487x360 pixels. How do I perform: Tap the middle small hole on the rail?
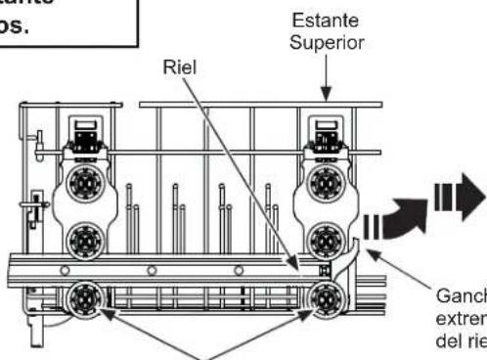tap(151, 269)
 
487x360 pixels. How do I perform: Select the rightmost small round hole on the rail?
tap(236, 269)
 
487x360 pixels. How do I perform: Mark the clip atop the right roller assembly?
tap(327, 130)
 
